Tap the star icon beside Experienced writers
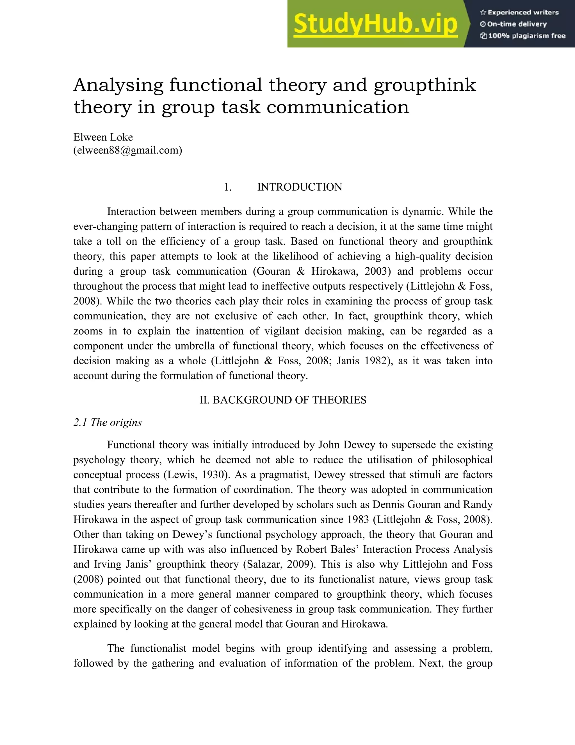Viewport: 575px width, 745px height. (483, 13)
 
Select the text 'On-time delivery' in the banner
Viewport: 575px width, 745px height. (517, 24)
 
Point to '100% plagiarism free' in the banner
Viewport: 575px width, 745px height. (527, 36)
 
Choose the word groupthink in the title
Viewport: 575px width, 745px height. (425, 85)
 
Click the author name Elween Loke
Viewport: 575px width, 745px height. (103, 137)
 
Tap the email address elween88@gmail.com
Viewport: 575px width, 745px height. (128, 150)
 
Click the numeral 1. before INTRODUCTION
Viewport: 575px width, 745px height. (227, 187)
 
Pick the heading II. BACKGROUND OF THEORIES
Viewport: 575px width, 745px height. (283, 400)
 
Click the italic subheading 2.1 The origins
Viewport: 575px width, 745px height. (107, 422)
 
